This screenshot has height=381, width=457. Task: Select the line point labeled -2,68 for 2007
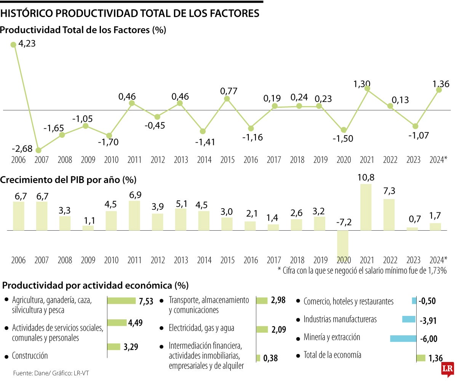(38, 150)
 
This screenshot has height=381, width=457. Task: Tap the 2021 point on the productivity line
(367, 88)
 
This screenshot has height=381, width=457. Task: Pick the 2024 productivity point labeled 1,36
(439, 89)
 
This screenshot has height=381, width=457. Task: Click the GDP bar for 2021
(366, 207)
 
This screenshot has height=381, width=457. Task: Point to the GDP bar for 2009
(88, 228)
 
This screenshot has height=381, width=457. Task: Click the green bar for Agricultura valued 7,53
(121, 301)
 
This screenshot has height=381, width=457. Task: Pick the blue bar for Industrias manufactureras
(409, 319)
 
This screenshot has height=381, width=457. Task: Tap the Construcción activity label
(30, 356)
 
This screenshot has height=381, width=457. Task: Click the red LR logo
(447, 369)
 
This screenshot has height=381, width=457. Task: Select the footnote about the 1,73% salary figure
(362, 271)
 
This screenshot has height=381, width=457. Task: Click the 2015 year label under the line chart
(227, 160)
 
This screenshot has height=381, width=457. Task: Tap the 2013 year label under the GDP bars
(181, 260)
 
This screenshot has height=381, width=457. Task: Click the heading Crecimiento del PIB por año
(68, 179)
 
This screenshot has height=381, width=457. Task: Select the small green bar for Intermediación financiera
(258, 358)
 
